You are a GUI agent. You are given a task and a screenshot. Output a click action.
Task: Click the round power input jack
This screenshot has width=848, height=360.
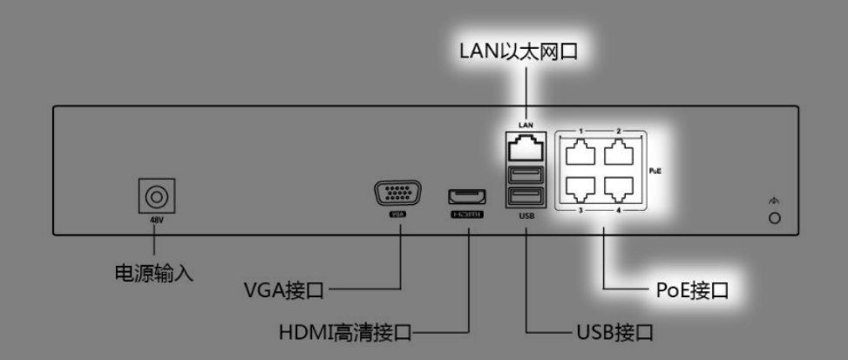click(158, 194)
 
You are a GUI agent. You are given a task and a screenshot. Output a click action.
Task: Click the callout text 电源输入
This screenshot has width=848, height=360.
click(154, 273)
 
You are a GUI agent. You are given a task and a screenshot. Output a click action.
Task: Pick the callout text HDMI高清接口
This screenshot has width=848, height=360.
click(344, 332)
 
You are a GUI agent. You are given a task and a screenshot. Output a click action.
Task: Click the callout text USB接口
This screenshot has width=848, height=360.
click(615, 332)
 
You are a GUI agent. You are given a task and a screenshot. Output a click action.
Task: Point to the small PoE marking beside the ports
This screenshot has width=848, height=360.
click(655, 172)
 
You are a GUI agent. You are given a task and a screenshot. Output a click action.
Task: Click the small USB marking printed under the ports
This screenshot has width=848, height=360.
click(526, 215)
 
